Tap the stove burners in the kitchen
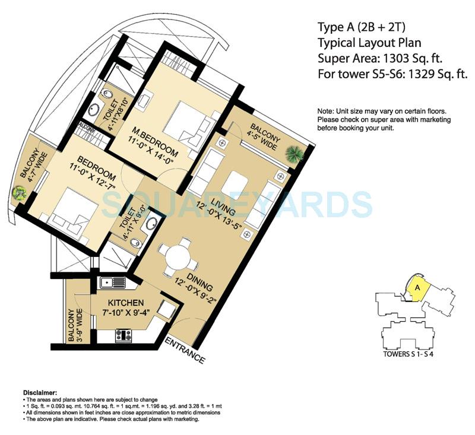(123, 336)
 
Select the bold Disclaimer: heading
(40, 393)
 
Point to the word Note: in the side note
(325, 111)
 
